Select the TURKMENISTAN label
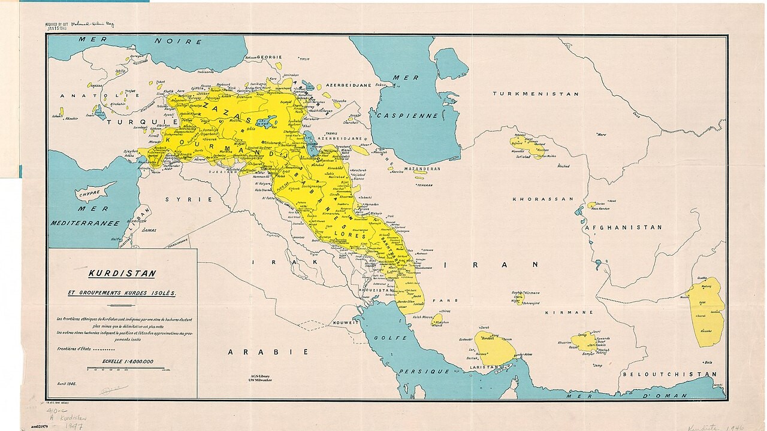(x=535, y=94)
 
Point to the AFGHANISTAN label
(x=623, y=227)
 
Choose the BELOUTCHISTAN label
(x=669, y=374)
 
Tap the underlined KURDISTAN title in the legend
(x=122, y=274)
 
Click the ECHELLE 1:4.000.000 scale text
(x=128, y=362)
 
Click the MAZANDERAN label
(x=421, y=169)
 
